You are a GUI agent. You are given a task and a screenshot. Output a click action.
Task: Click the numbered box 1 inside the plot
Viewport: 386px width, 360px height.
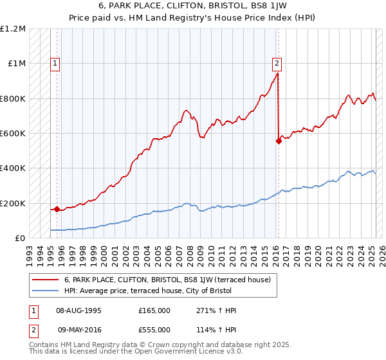coord(56,63)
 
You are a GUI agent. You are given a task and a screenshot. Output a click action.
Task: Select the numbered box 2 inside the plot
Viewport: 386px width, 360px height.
coord(277,63)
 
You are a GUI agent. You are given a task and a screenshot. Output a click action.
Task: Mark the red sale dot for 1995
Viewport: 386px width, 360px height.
coord(57,209)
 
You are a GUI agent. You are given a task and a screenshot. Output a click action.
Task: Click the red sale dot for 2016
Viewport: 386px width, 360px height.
coord(279,141)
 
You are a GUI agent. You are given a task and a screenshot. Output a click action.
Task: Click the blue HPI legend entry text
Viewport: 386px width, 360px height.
coord(147,291)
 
